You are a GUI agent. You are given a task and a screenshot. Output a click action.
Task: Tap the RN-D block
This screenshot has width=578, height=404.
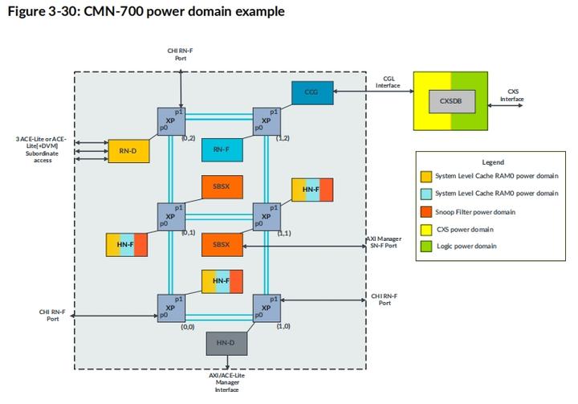128,149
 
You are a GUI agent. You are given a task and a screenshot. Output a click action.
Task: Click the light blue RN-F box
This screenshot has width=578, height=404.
221,149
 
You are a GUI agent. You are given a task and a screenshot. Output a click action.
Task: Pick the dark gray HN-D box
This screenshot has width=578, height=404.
227,342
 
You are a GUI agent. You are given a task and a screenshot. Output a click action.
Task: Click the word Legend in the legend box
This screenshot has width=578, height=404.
492,162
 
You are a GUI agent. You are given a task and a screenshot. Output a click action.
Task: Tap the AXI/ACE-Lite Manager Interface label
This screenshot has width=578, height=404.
227,383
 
